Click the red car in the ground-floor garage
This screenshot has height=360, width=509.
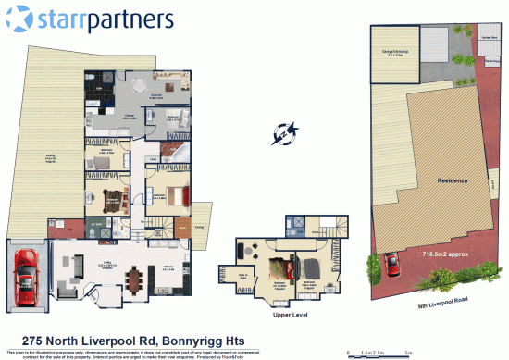pyautogui.click(x=24, y=276)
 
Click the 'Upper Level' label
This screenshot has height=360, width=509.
pyautogui.click(x=288, y=315)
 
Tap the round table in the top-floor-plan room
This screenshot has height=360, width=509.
pyautogui.click(x=137, y=85)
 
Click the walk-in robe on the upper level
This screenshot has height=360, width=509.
pyautogui.click(x=244, y=277)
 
